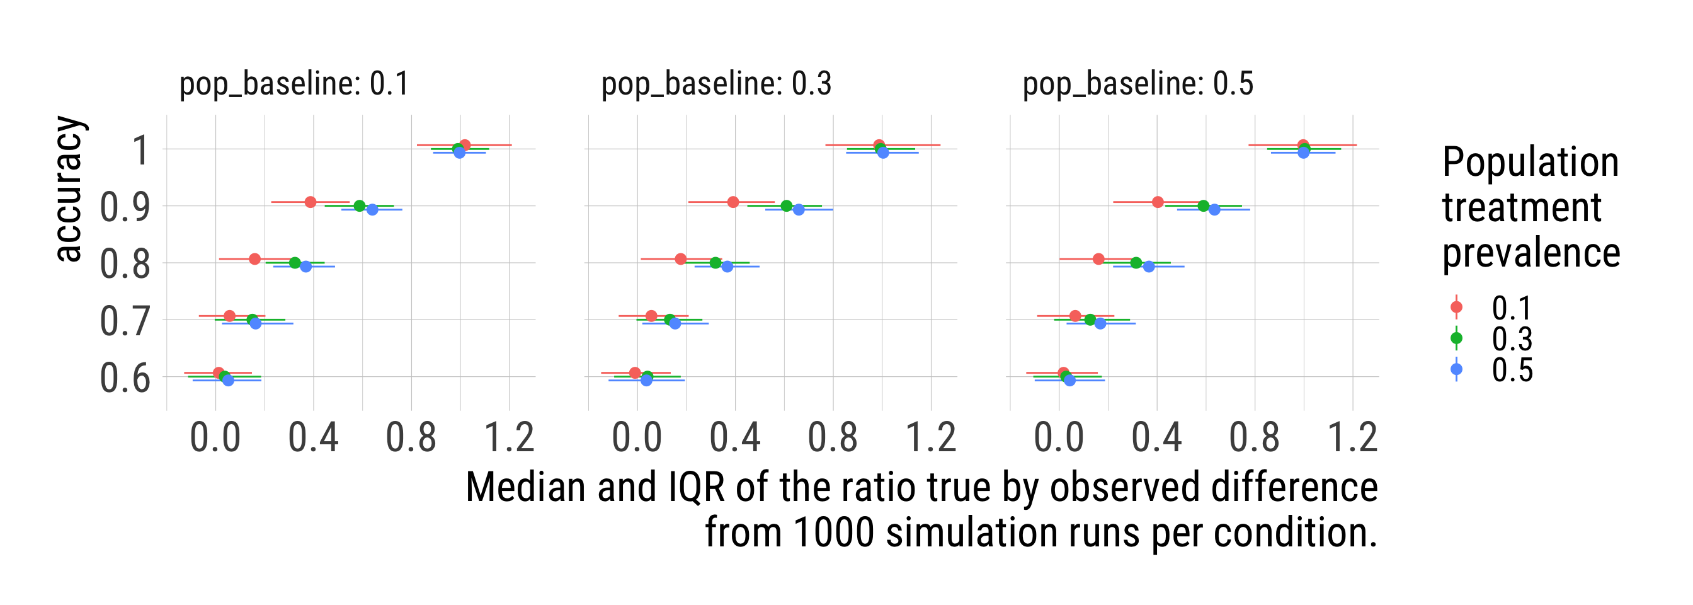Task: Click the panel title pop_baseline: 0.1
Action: [294, 84]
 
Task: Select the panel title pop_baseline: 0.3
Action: [715, 84]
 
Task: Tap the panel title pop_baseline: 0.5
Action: [1137, 84]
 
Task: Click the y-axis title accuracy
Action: [69, 190]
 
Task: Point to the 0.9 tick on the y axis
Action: [125, 207]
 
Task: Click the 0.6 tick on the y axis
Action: [125, 379]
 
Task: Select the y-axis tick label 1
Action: [140, 151]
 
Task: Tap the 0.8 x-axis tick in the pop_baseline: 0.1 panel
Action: [411, 438]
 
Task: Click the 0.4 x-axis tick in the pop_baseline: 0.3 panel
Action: [735, 438]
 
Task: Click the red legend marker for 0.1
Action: [1456, 307]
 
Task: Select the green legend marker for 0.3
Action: [1456, 338]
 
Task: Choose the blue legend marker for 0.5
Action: [1456, 369]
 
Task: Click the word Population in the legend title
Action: [1530, 163]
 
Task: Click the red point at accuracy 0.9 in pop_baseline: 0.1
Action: [311, 202]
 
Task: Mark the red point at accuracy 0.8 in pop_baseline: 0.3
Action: [680, 259]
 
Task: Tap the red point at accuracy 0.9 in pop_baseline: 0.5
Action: [1158, 202]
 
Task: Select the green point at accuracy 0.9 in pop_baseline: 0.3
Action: [786, 206]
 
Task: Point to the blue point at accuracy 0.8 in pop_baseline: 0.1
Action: [305, 267]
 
